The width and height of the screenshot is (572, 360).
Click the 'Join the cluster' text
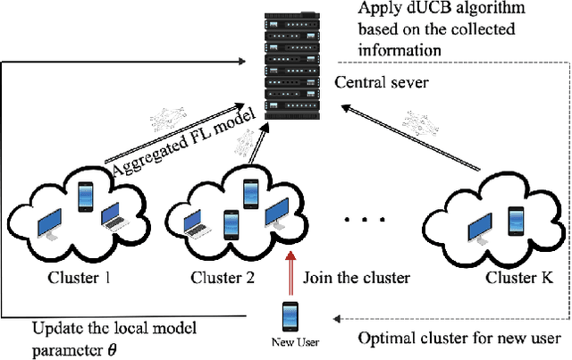pos(357,278)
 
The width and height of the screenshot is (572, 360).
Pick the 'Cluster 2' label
pos(224,278)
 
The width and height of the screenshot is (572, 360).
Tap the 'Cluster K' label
pos(519,278)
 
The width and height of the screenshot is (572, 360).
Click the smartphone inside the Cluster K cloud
pos(516,219)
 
